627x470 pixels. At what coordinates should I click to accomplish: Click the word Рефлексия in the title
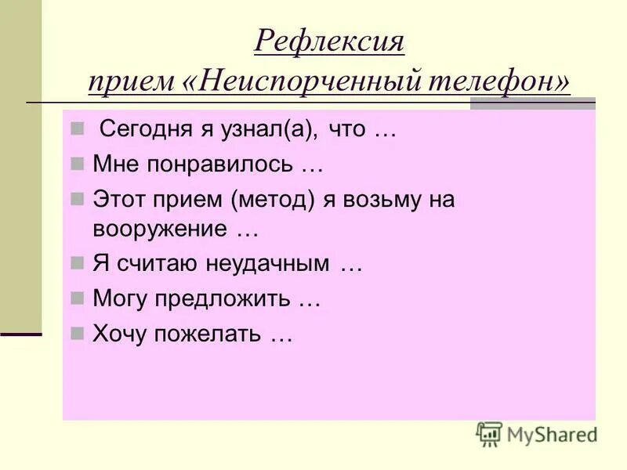tap(329, 41)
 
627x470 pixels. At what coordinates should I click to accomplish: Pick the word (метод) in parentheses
tap(273, 199)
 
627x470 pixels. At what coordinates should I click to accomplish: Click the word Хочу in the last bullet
tap(121, 334)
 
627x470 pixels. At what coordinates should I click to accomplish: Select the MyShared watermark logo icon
tap(488, 434)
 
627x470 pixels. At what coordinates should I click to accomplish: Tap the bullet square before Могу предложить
tap(77, 298)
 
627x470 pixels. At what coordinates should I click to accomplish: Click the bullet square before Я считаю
tap(77, 264)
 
